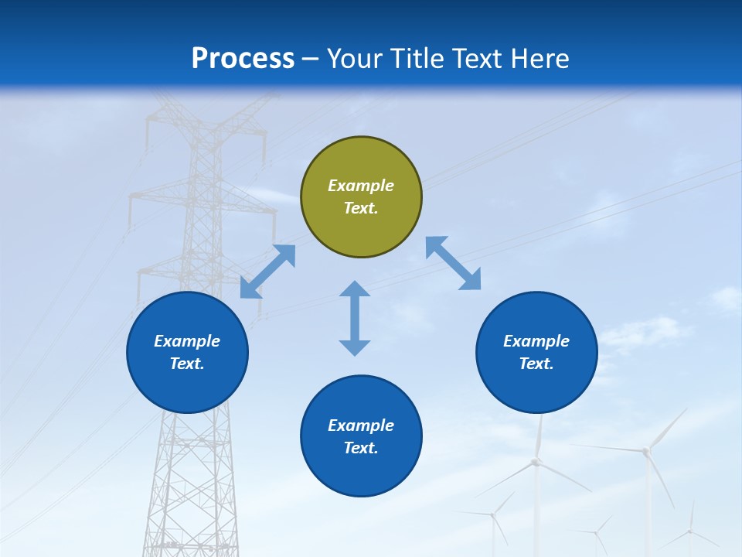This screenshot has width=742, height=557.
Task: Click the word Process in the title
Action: click(x=243, y=59)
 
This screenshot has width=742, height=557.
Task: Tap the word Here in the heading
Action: click(x=539, y=59)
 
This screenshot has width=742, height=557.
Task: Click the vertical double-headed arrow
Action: click(x=355, y=318)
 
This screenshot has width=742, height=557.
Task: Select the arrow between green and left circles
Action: click(x=267, y=272)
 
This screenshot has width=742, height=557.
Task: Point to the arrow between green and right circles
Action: click(x=454, y=263)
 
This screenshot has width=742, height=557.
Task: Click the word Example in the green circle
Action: click(x=361, y=186)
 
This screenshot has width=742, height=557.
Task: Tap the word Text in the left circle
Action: click(x=187, y=364)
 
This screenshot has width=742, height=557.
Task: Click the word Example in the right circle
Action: click(x=536, y=341)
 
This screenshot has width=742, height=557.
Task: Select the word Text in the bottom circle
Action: click(x=360, y=448)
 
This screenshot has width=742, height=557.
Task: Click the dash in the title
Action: click(x=311, y=59)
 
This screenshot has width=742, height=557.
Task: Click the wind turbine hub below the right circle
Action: click(x=535, y=462)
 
